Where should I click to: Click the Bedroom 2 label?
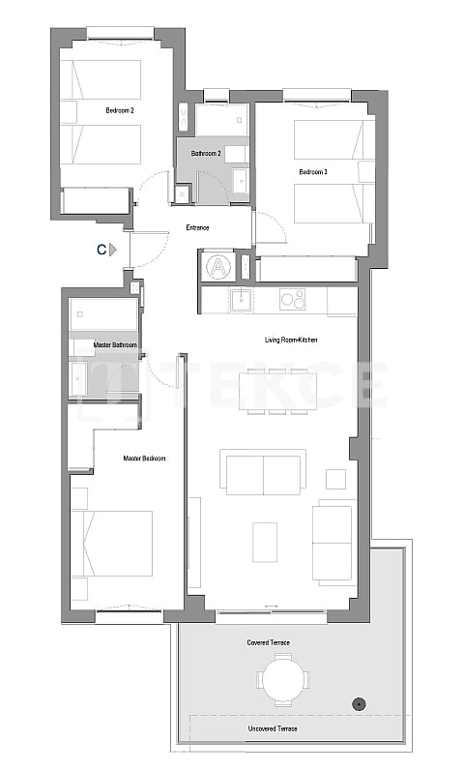click(119, 111)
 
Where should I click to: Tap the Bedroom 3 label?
click(313, 171)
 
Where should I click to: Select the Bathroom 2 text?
click(207, 154)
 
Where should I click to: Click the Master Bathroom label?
click(115, 345)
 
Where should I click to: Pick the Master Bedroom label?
click(144, 459)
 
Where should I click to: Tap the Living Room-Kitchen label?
click(291, 340)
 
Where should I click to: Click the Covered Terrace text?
click(268, 642)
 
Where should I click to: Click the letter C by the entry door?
click(101, 250)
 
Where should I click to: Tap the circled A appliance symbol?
click(218, 266)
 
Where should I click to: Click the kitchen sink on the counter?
click(241, 300)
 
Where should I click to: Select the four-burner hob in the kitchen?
click(292, 300)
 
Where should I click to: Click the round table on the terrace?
click(282, 679)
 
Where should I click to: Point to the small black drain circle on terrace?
click(359, 703)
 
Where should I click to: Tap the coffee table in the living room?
click(265, 542)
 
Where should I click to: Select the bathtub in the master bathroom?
click(103, 314)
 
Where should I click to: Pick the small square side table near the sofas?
click(335, 479)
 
